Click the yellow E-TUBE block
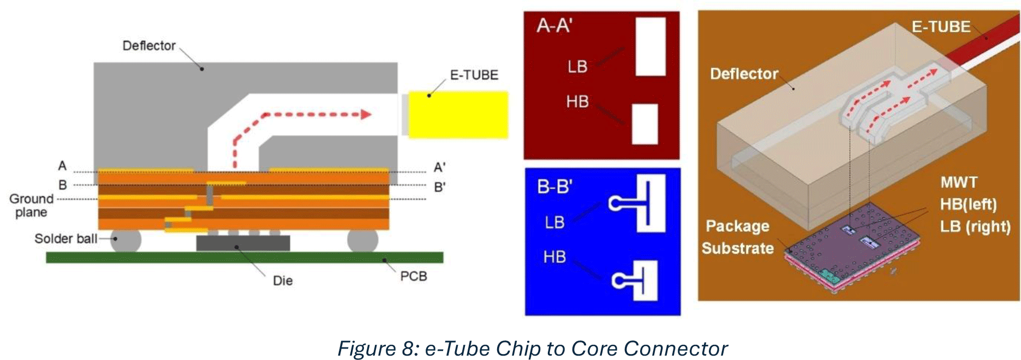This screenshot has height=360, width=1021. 458,115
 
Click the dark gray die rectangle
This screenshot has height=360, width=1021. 243,243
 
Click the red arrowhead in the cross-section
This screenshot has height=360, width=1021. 366,115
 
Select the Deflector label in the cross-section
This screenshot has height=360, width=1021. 148,46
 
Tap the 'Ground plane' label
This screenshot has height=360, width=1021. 31,206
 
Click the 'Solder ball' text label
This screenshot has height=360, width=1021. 65,239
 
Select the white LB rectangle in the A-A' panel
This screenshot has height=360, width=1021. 650,47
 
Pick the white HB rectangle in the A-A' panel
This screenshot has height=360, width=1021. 644,124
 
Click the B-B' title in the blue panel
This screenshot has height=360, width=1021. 554,187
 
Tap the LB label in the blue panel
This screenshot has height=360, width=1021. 554,223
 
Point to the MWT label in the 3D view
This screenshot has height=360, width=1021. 959,183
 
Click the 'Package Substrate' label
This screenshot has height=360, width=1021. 738,237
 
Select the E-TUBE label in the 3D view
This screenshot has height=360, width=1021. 941,27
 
